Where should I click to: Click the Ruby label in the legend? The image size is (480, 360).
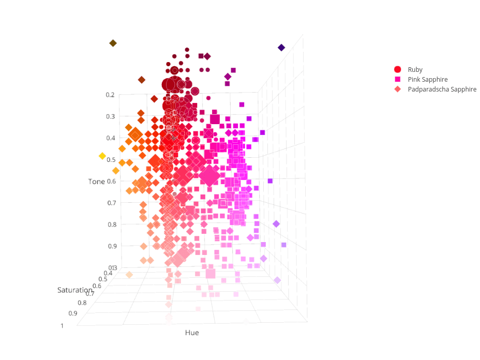coord(415,69)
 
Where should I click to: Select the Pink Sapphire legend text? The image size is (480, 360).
coord(427,79)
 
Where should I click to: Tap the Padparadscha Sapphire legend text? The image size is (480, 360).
coord(442,89)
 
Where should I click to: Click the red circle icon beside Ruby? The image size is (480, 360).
coord(398,69)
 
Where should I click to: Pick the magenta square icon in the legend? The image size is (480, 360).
coord(398,79)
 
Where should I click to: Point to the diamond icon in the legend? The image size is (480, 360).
coord(398,89)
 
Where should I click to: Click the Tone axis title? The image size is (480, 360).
coord(96,182)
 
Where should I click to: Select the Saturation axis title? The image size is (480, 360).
coord(75,290)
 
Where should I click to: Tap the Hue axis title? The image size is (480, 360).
coord(192,333)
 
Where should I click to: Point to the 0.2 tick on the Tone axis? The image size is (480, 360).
coord(110,95)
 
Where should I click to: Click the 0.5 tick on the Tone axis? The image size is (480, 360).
coord(111,160)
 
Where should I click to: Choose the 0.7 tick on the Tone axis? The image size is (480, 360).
coord(111,203)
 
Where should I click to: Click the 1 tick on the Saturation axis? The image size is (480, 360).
coord(63,325)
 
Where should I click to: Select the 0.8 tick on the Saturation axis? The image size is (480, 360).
coord(82,303)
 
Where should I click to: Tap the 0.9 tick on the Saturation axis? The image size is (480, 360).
coord(72,313)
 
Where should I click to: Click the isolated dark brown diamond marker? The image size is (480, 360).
coord(113,43)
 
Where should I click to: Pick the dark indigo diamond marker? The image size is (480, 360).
coord(281,48)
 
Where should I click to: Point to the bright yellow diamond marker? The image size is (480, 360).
coord(102,156)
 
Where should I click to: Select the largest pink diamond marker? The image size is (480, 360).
coord(210,176)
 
